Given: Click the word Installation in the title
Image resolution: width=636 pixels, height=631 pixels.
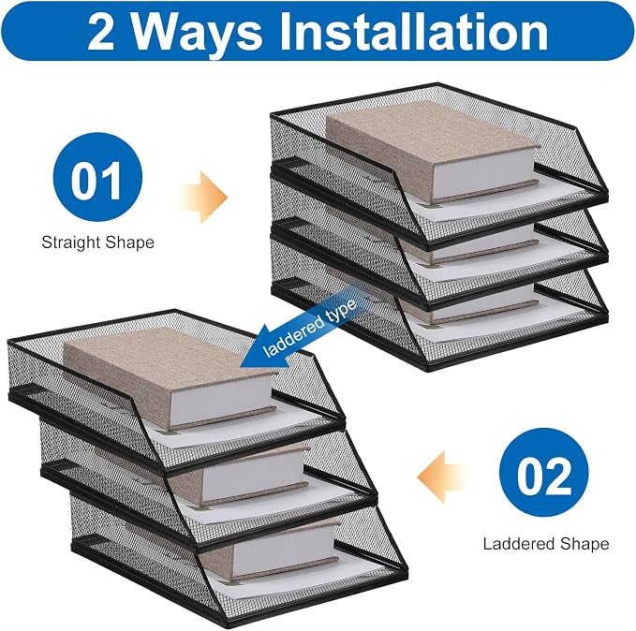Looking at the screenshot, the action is pos(413,31).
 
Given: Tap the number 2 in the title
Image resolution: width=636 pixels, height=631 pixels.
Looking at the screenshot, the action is pos(100,32).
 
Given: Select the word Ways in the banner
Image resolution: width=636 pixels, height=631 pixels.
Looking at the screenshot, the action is pos(197,36).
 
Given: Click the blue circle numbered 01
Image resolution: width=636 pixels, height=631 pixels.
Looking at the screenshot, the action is pos(97,177).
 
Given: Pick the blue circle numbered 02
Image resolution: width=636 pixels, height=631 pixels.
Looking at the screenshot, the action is pos(543,473).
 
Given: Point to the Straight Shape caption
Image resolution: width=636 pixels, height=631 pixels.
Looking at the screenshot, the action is pos(97,242).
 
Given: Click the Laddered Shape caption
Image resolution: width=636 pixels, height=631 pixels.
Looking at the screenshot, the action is pos(546,544).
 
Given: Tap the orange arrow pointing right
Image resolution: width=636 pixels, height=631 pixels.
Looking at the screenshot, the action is pos(205,198).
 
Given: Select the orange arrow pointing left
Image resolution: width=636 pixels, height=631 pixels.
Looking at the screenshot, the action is pos(440,477).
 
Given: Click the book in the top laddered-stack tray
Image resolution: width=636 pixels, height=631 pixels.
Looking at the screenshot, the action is pos(170,378).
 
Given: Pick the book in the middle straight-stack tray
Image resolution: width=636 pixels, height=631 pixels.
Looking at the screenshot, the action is pos(470,244).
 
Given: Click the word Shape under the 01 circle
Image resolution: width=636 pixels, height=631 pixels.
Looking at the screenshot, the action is pos(129,242).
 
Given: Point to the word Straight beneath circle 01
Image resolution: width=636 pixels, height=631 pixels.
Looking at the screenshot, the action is pos(70,242).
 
